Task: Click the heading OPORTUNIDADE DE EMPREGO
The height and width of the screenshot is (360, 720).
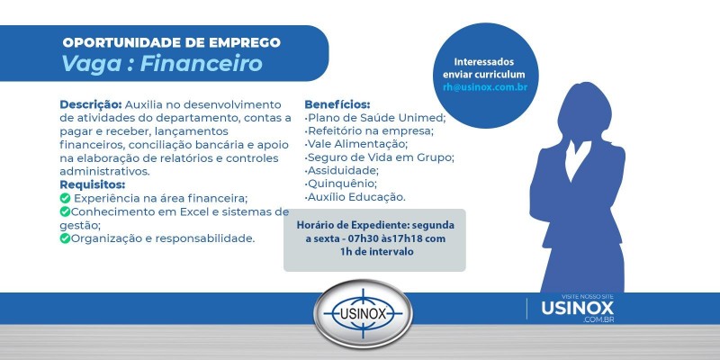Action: click(171, 42)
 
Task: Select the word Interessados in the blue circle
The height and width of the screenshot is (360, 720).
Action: click(484, 59)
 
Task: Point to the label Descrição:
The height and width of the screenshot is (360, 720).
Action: click(91, 104)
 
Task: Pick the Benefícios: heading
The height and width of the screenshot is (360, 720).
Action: click(337, 104)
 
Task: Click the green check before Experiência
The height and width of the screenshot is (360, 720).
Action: click(65, 198)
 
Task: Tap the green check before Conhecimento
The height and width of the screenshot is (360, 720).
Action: click(65, 211)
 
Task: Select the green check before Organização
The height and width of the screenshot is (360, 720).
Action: click(65, 238)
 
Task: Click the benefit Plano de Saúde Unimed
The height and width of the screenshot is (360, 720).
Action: click(376, 118)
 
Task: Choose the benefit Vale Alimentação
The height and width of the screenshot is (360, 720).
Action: click(357, 144)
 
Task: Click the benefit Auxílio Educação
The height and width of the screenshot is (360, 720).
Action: click(356, 197)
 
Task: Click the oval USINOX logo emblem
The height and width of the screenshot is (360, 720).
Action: click(363, 317)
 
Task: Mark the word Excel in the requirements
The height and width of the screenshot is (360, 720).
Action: click(176, 211)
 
